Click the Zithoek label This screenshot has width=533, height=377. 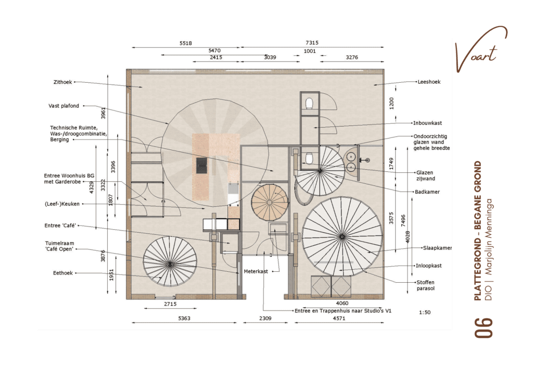point(62,82)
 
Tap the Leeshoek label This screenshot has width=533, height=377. point(429,82)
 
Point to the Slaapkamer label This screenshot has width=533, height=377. point(437,248)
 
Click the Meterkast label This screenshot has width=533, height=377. point(256,272)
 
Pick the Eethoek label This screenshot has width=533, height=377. point(62,272)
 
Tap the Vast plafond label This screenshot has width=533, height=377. point(64,106)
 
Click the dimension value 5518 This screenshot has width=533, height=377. point(186,43)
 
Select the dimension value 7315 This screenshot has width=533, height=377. point(312,43)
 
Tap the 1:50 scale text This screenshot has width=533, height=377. point(425,312)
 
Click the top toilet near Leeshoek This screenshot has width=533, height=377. point(309,103)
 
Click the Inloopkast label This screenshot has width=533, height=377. point(429,266)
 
